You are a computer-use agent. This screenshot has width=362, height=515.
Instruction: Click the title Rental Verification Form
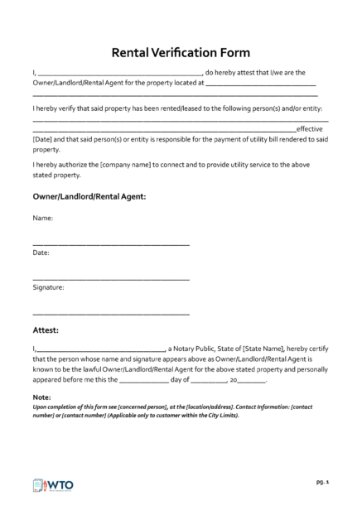[x=181, y=52]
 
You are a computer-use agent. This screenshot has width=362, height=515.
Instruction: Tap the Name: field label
[x=42, y=219]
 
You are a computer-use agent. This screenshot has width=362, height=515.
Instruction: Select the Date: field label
[x=41, y=252]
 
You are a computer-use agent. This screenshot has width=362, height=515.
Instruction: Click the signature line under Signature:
[x=110, y=314]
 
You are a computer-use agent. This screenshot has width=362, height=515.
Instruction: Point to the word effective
[x=309, y=129]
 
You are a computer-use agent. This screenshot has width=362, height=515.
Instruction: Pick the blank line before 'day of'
[x=143, y=382]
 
